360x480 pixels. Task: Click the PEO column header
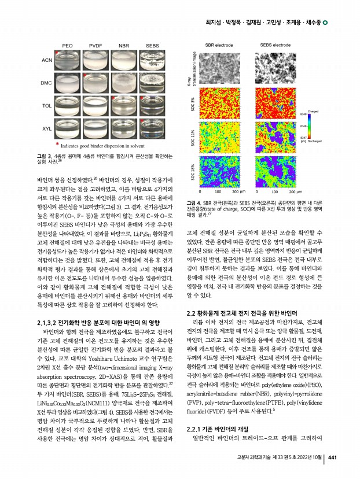click(x=67, y=45)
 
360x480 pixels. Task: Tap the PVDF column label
click(x=95, y=45)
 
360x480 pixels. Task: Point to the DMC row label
click(x=48, y=83)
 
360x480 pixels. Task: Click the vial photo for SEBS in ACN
click(x=152, y=60)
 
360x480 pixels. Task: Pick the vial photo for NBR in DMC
click(x=124, y=83)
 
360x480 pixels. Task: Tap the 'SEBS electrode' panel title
click(x=275, y=45)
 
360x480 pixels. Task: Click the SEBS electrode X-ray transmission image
click(x=275, y=68)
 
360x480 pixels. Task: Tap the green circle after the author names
click(x=325, y=23)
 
